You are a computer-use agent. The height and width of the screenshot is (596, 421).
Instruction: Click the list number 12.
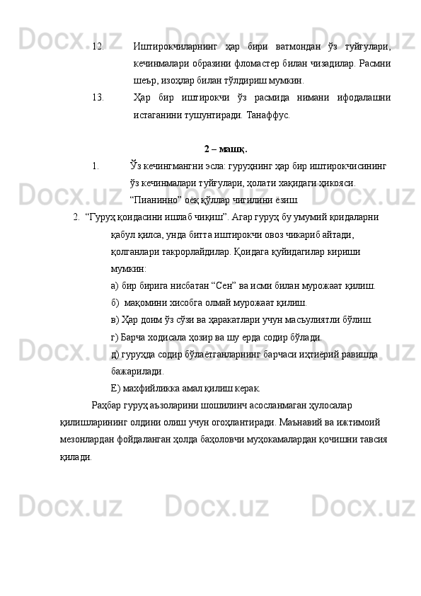[98, 47]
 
